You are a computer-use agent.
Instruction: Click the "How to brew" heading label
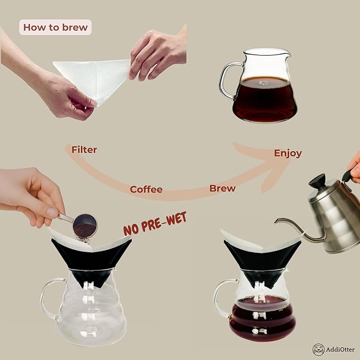(55, 27)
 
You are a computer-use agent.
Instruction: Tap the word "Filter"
(84, 150)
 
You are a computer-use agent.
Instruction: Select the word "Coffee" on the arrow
(146, 189)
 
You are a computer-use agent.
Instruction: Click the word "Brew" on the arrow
(223, 188)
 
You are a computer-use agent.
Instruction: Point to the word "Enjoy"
(288, 153)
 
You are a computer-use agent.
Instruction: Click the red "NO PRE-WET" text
(155, 224)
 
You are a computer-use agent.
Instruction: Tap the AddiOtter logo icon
(318, 349)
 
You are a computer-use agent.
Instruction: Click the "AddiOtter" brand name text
(341, 349)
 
